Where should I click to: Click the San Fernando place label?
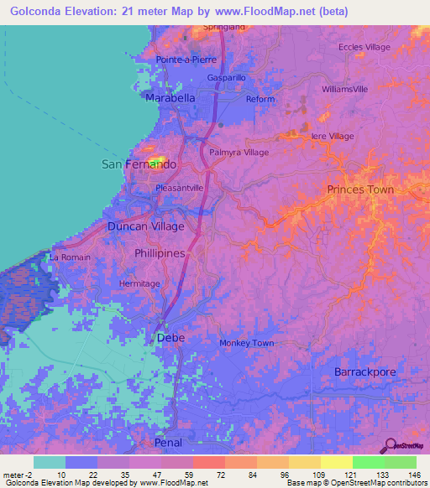point(139,164)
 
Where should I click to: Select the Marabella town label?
point(170,98)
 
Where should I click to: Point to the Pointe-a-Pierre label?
point(186,60)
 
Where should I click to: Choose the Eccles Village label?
point(364,47)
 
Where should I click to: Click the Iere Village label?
point(333,136)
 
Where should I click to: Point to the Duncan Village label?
point(145,226)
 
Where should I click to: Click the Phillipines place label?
point(160,252)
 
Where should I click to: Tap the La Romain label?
point(70,257)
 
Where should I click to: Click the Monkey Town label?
point(246,343)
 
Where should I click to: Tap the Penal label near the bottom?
point(168,441)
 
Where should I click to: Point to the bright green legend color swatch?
point(368,462)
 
